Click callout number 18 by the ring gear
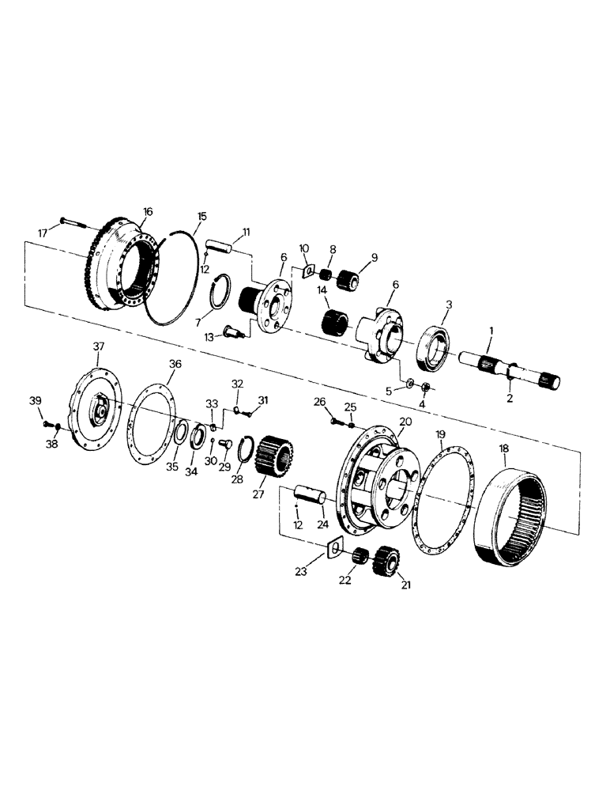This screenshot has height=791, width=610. tap(505, 448)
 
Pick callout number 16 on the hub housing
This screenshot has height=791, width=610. tap(148, 211)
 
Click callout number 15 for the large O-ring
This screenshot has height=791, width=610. tap(201, 216)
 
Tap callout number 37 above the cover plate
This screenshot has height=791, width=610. tap(99, 346)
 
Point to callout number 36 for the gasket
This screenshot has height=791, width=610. tap(175, 363)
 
